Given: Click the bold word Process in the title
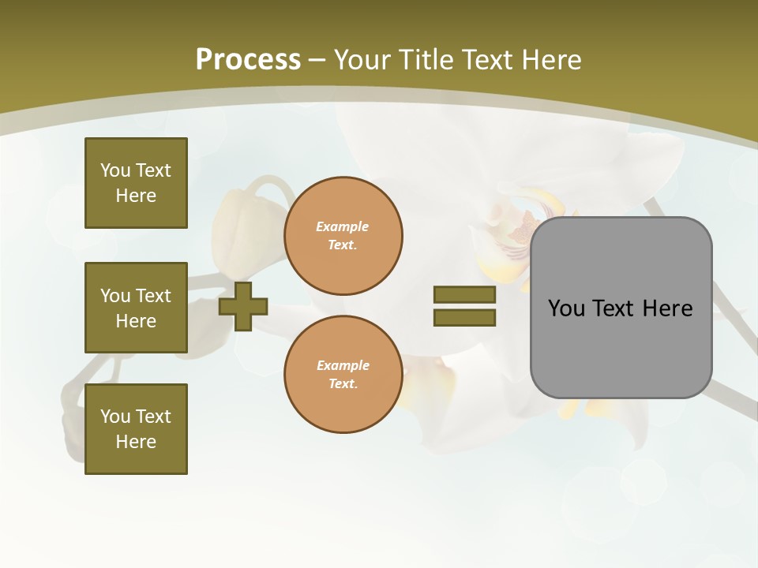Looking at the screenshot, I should [x=248, y=60].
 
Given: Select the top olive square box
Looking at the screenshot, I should [x=136, y=183].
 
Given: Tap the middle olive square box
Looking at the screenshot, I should [x=136, y=308].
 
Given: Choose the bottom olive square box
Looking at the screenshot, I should [x=136, y=429].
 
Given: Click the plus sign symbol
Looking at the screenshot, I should [x=243, y=306].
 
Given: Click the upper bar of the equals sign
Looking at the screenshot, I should [x=464, y=294].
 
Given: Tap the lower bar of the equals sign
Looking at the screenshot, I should [x=464, y=317].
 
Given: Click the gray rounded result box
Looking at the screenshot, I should [x=621, y=347].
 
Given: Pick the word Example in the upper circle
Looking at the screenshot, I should [x=342, y=226].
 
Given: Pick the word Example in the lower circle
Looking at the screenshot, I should [x=343, y=365].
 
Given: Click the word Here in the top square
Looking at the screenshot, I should [x=136, y=196].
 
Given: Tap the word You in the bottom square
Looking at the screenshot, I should [x=114, y=417].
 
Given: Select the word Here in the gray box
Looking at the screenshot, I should [x=667, y=308].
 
